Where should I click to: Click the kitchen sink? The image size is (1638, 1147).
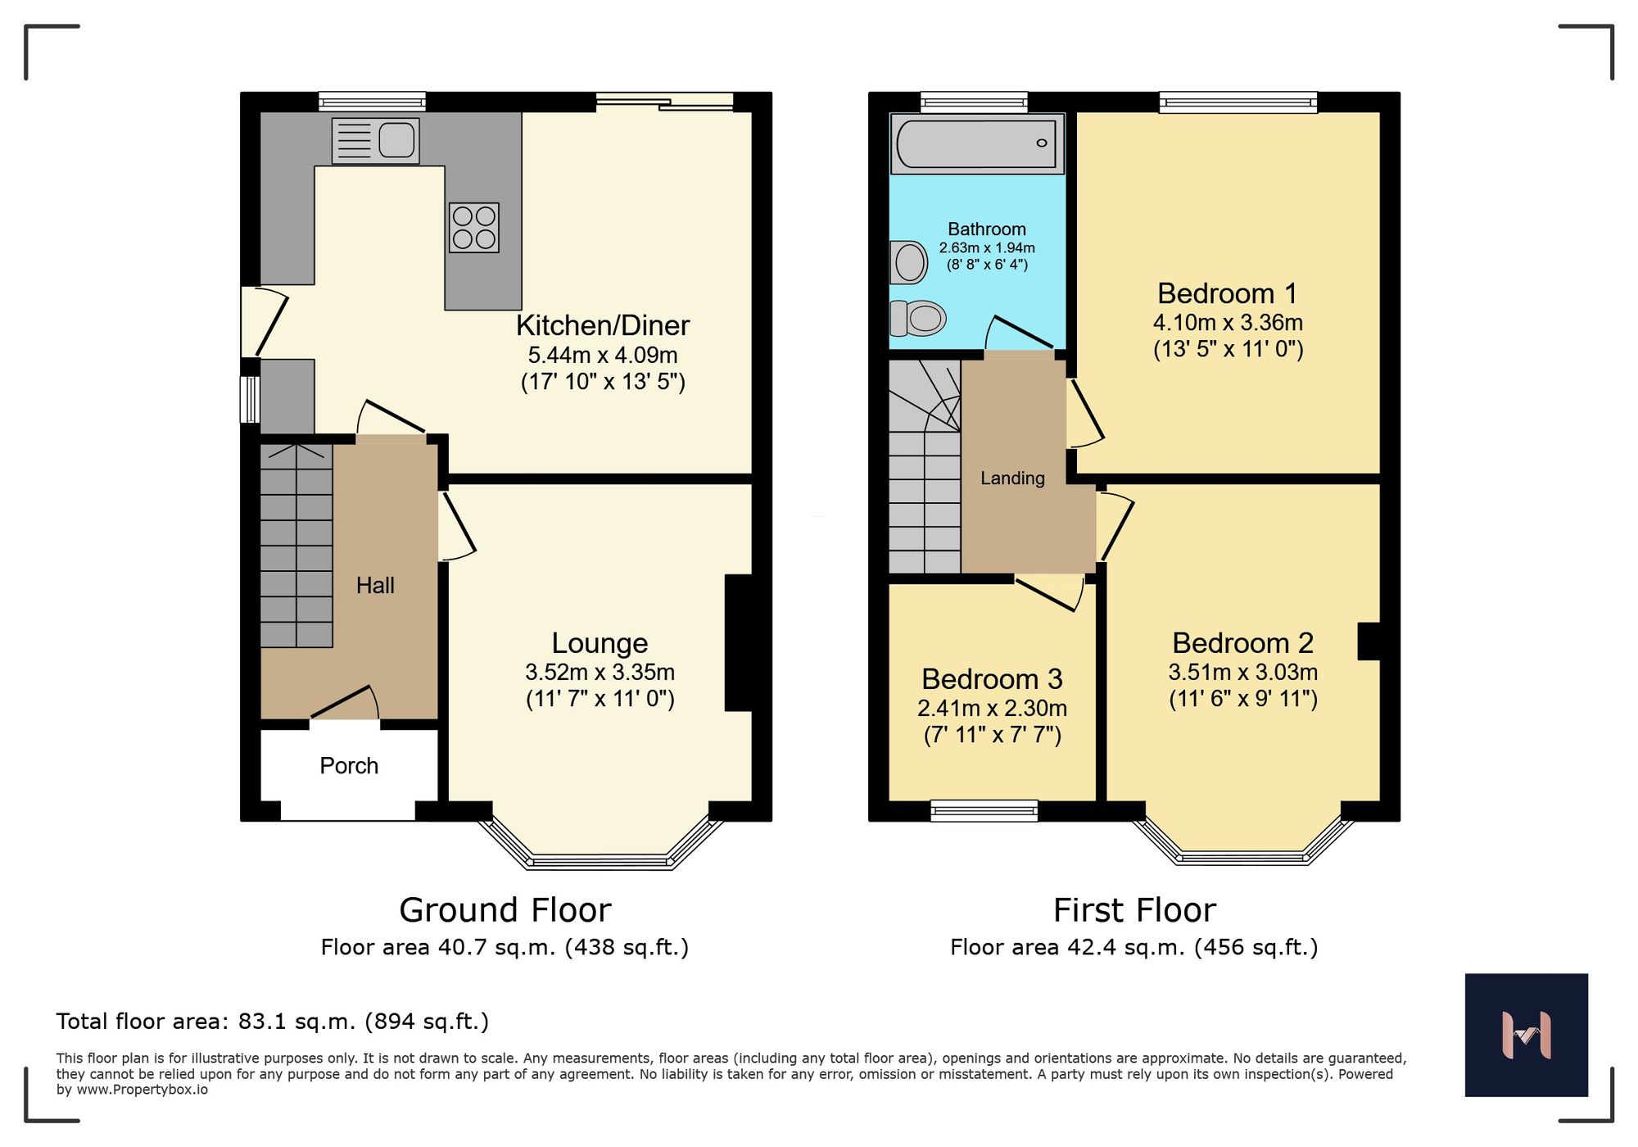tap(376, 141)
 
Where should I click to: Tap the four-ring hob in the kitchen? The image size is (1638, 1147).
tap(474, 227)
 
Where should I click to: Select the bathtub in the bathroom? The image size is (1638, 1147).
tap(977, 143)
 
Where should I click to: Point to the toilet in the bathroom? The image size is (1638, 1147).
tap(917, 318)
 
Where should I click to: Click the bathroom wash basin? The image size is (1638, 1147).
tap(908, 262)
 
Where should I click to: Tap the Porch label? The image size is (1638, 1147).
tap(349, 765)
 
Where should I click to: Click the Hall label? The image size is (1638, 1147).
tap(375, 585)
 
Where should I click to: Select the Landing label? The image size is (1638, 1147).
tap(1012, 478)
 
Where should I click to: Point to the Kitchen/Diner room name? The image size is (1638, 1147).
tap(603, 325)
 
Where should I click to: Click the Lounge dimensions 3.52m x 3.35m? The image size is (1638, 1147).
tap(600, 672)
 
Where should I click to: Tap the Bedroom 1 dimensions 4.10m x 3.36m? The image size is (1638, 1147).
tap(1228, 322)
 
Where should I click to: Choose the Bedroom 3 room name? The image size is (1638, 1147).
tap(992, 678)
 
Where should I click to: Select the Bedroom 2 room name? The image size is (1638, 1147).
tap(1242, 642)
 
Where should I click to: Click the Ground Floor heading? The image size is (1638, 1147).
tap(505, 909)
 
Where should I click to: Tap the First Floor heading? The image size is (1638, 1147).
tap(1134, 909)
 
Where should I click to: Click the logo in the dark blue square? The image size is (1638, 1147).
tap(1527, 1035)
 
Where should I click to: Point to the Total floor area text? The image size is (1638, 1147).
tap(273, 1021)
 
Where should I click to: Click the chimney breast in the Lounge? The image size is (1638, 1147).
tap(739, 642)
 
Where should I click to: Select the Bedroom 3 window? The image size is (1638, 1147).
tap(984, 810)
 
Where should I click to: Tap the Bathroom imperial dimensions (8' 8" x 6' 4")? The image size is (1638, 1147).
tap(987, 265)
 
